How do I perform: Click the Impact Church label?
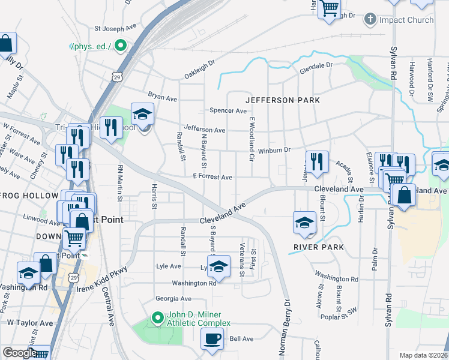(406, 20)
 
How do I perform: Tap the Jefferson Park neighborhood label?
(282, 100)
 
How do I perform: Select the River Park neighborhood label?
(319, 247)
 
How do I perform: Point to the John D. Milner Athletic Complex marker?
(158, 317)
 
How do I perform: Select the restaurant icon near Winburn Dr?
(317, 161)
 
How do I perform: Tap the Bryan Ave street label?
(163, 97)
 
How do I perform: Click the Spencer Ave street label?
(228, 111)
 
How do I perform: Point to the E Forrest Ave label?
(212, 178)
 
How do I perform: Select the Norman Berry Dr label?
(285, 328)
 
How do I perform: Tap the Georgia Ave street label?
(173, 299)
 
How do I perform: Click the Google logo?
(20, 353)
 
